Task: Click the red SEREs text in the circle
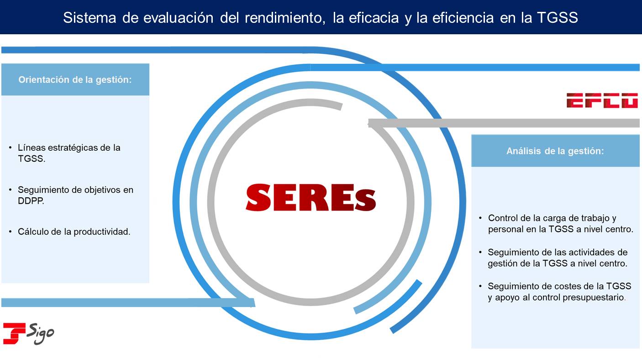click(x=310, y=198)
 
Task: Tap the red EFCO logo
click(x=602, y=101)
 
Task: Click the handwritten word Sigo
click(x=41, y=334)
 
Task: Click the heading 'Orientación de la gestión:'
click(x=75, y=79)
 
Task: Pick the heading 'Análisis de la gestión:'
click(x=555, y=151)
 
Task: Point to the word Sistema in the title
click(x=89, y=17)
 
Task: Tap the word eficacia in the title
click(x=374, y=17)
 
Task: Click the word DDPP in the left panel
click(x=31, y=201)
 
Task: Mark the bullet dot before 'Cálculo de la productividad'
click(x=11, y=232)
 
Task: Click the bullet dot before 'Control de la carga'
click(x=480, y=218)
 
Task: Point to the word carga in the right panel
click(x=553, y=218)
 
